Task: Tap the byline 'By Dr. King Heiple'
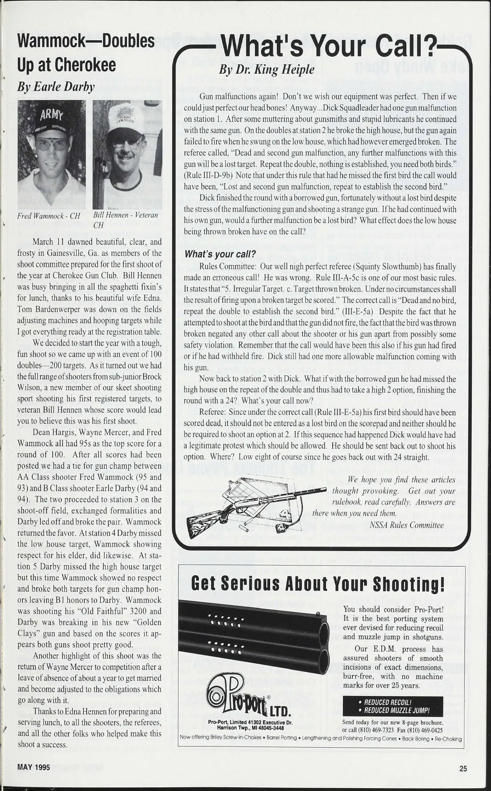point(267,70)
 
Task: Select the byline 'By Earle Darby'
point(56,87)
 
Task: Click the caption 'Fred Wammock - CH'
point(49,216)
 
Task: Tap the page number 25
point(463,768)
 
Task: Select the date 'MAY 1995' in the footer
point(34,767)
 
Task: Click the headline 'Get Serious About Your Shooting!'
point(318,584)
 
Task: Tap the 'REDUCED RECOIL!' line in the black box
point(387,702)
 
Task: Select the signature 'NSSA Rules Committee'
point(406,525)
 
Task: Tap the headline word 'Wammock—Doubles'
point(86,41)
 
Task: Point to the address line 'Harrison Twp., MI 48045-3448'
point(250,728)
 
